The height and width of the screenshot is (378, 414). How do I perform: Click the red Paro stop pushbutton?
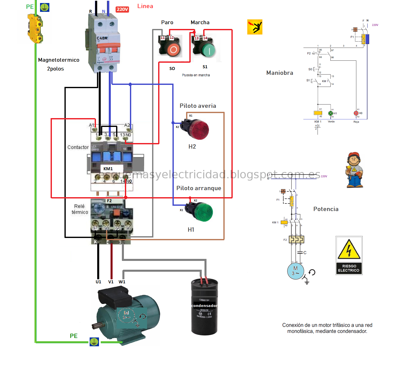(174, 49)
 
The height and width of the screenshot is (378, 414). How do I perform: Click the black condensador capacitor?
(204, 307)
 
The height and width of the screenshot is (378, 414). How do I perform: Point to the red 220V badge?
(122, 9)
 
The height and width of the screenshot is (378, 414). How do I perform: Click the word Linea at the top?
(145, 6)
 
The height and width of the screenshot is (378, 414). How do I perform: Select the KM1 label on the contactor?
(108, 169)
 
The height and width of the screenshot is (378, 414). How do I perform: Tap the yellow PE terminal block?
(35, 28)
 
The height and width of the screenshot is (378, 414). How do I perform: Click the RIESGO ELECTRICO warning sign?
(349, 255)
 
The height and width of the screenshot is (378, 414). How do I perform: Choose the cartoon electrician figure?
(354, 170)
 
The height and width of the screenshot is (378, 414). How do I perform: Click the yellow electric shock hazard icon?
(255, 27)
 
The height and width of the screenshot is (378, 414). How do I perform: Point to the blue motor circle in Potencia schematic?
(295, 271)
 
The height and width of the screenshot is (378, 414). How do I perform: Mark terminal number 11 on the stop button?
(163, 38)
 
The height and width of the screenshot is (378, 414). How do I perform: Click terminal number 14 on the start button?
(205, 38)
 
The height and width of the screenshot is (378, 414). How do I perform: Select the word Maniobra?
(280, 73)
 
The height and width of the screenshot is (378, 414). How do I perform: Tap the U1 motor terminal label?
(98, 282)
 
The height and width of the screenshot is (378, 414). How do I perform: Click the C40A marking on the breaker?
(102, 38)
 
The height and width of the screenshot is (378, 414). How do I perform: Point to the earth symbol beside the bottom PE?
(94, 342)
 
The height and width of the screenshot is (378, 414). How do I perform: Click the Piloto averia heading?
(198, 106)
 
